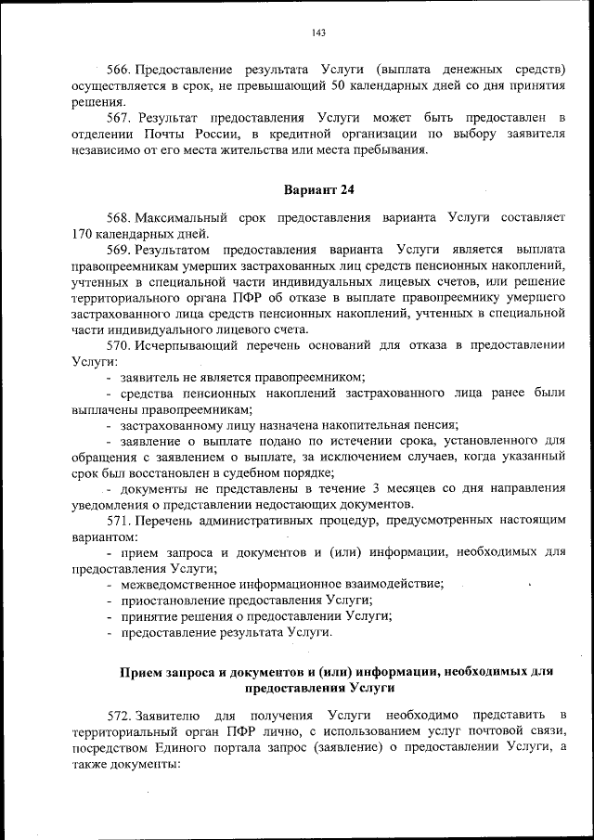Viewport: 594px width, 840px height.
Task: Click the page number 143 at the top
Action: (318, 32)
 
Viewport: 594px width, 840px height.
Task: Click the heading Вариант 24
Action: (318, 189)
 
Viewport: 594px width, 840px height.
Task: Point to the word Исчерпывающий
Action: (184, 344)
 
